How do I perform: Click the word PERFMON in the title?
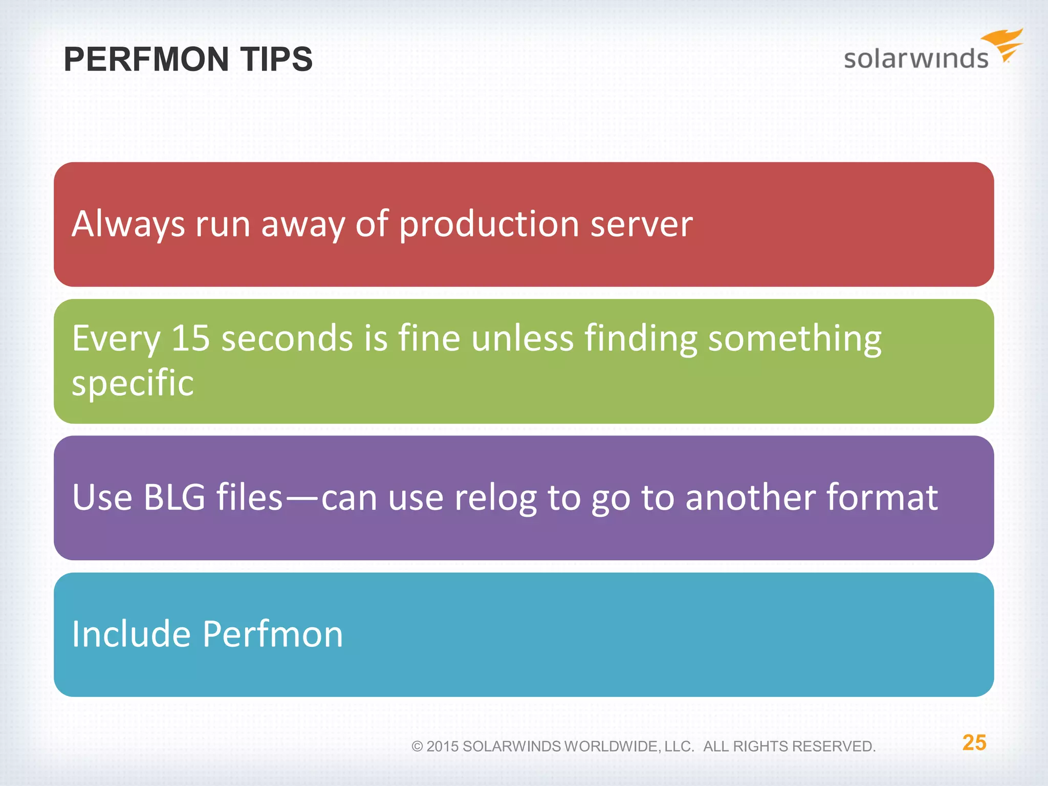[x=146, y=59]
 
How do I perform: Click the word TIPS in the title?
[x=276, y=59]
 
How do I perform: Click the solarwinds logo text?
[x=915, y=58]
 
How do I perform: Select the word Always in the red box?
[x=128, y=225]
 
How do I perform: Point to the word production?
[x=489, y=225]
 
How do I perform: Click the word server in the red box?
[x=641, y=225]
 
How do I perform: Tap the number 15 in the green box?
[x=190, y=338]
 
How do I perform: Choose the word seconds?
[x=287, y=338]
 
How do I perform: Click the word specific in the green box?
[x=133, y=383]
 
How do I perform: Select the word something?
[x=794, y=339]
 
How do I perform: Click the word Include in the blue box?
[x=131, y=634]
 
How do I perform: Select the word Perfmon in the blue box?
[x=272, y=634]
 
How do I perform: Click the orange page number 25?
[x=974, y=743]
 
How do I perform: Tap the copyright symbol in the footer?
[x=417, y=747]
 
